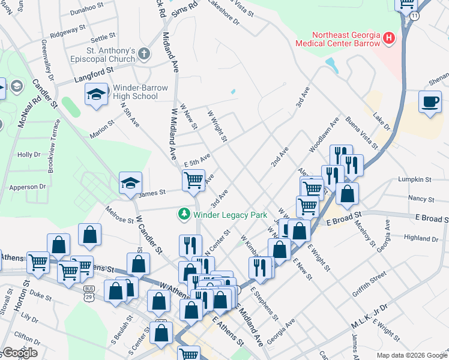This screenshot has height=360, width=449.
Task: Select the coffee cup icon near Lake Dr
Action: (430, 101)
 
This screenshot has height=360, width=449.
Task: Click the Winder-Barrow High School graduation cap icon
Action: (97, 95)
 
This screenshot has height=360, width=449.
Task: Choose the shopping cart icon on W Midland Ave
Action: (193, 180)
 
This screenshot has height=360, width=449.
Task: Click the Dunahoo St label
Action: (87, 10)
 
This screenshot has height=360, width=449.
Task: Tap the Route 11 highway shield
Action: (415, 16)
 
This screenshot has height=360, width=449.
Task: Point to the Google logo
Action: (20, 352)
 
